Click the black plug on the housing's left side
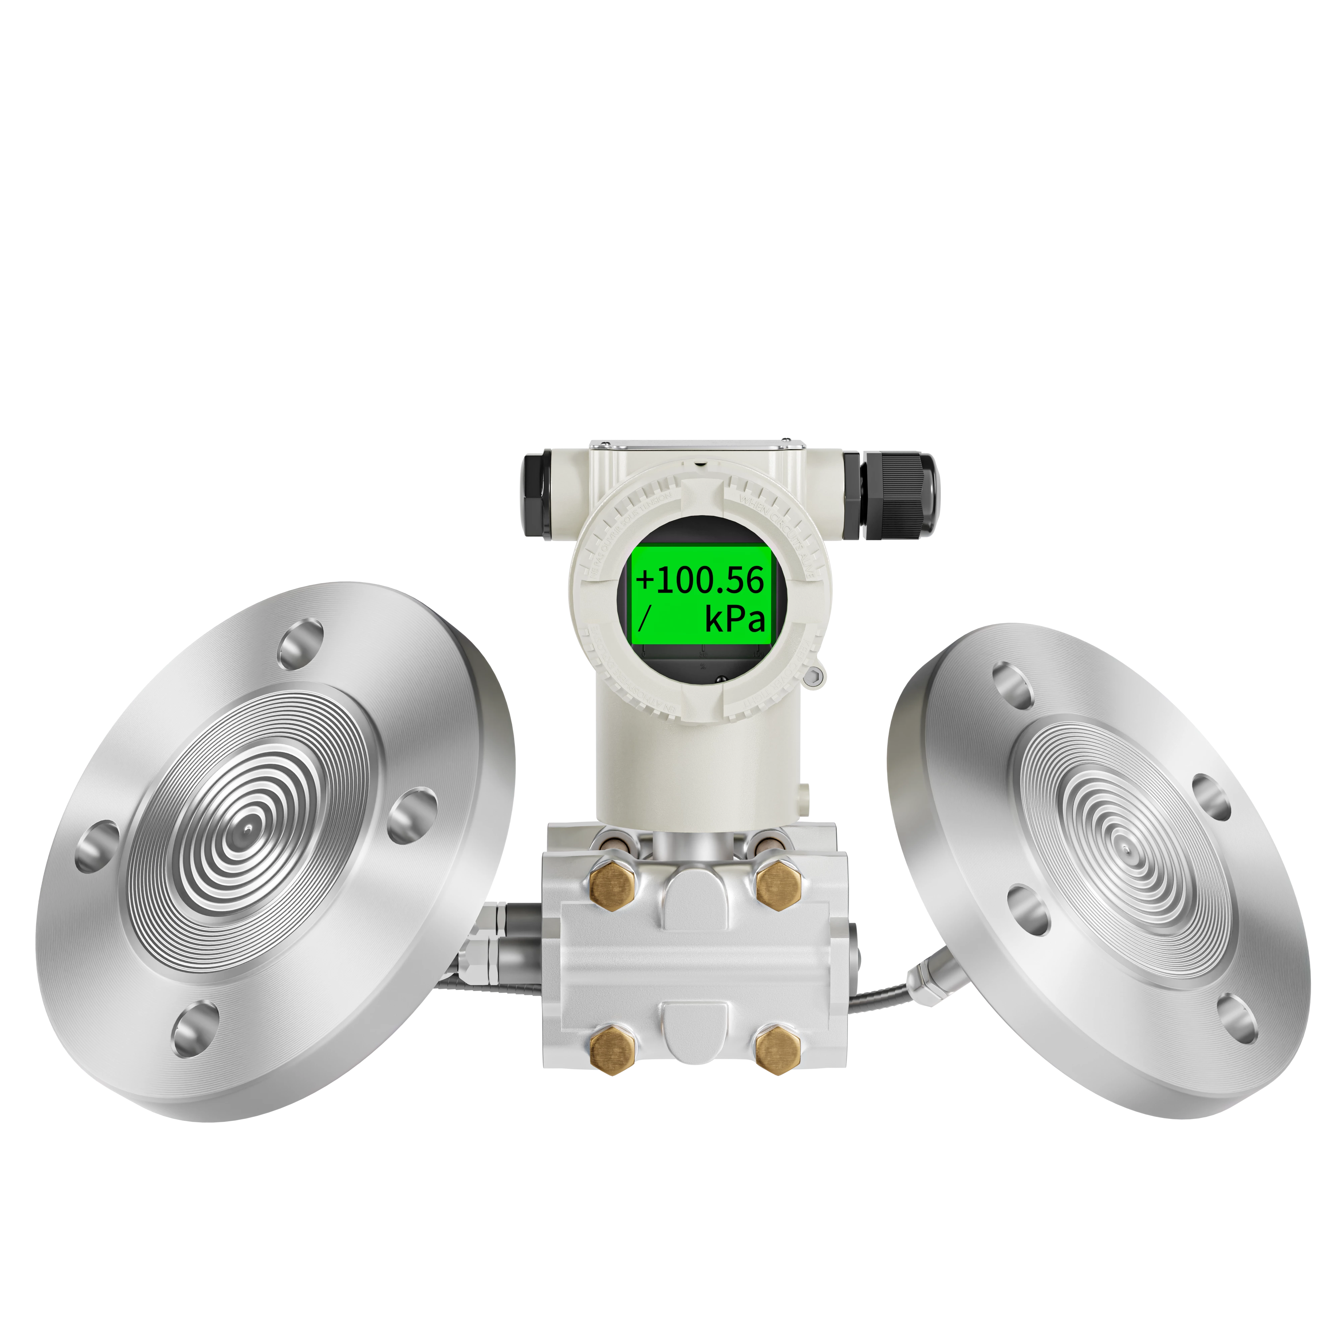pos(536,494)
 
